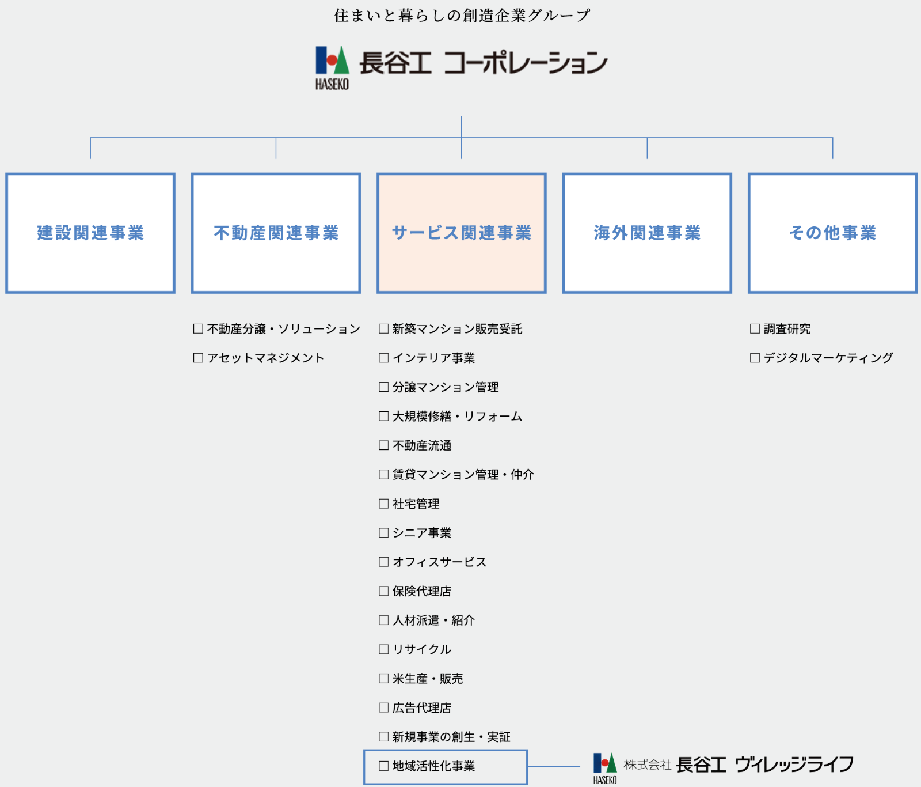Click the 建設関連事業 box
pos(90,233)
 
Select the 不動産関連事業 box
pos(276,233)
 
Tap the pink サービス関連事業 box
pos(461,233)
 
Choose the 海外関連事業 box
pos(647,233)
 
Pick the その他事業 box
pos(832,233)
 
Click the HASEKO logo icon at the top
pos(332,67)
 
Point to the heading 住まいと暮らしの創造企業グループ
pos(462,16)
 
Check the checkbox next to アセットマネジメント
pos(199,358)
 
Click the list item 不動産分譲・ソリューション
pos(283,329)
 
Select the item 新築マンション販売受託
pos(457,329)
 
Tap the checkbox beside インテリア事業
pos(384,358)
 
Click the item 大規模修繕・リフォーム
pos(457,416)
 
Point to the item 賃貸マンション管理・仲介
pos(463,474)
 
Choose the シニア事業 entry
pos(421,533)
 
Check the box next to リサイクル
pos(384,649)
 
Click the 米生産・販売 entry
pos(427,679)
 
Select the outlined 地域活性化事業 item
pos(445,766)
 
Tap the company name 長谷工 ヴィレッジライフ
pos(764,765)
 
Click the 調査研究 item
pos(786,329)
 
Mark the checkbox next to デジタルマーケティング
pos(755,358)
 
